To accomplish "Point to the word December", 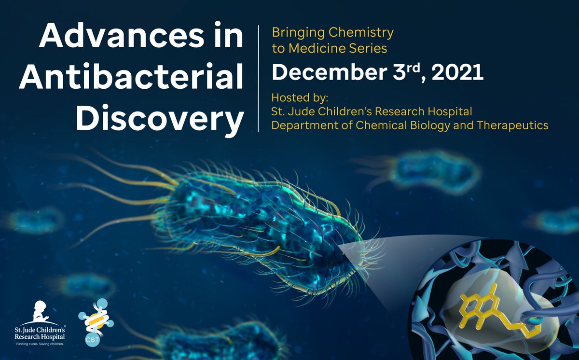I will click(321, 73).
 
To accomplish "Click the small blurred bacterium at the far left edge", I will click(34, 220).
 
